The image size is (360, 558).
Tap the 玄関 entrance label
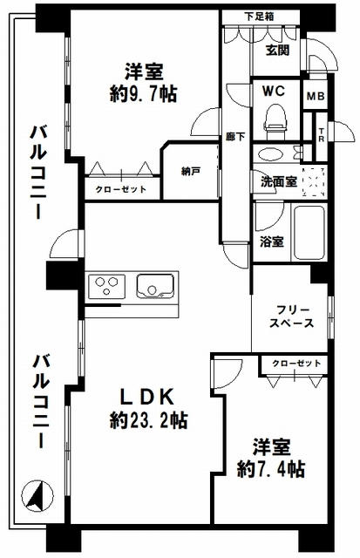tap(277, 51)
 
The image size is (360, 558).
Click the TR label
tap(321, 134)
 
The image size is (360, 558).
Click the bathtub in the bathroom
tap(309, 232)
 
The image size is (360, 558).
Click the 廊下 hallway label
tap(235, 137)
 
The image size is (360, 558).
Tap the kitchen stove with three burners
tap(110, 285)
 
